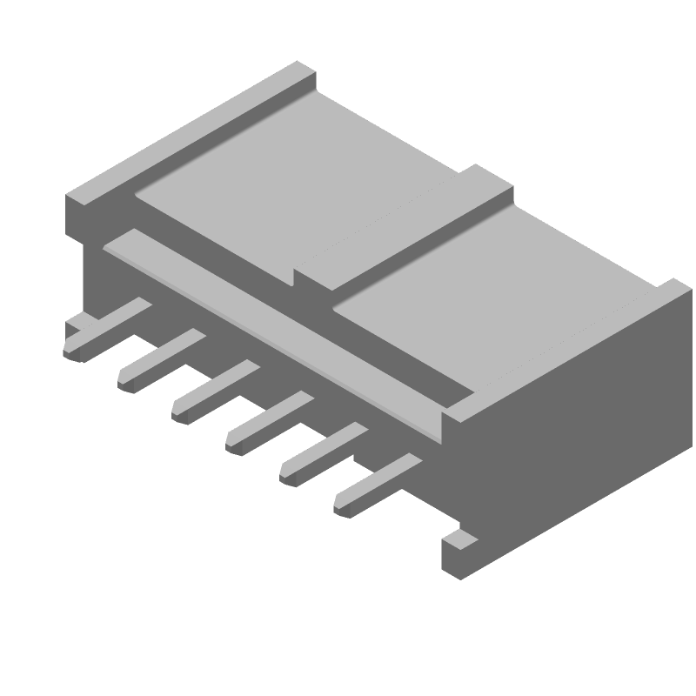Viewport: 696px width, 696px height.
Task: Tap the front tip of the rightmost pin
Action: coord(345,504)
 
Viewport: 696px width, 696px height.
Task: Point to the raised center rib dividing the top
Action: coord(409,235)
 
